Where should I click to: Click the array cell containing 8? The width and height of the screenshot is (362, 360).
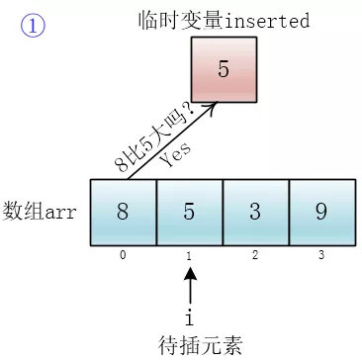pyautogui.click(x=123, y=211)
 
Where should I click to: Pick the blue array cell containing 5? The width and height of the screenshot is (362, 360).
pyautogui.click(x=189, y=211)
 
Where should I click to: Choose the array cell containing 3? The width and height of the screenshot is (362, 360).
pyautogui.click(x=255, y=211)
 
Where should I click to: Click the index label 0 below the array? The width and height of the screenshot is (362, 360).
pyautogui.click(x=123, y=255)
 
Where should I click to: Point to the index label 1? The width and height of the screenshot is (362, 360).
pyautogui.click(x=189, y=255)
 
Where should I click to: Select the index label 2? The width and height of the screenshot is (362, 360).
pyautogui.click(x=255, y=255)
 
